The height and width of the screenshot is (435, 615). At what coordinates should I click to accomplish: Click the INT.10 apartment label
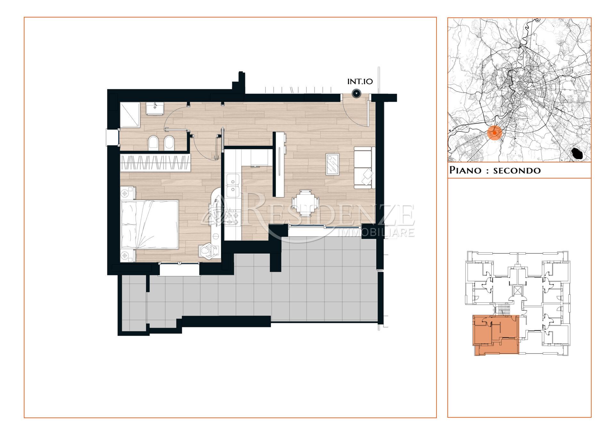coord(360,82)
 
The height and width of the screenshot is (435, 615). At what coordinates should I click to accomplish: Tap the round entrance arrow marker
coord(357,93)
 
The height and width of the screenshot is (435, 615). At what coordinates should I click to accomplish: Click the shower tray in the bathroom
coord(130,115)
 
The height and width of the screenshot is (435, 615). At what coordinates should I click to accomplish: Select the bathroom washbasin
coord(155,108)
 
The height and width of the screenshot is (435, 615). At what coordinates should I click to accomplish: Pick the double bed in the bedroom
coord(150,224)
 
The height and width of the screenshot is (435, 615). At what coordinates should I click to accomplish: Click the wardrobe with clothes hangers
coord(156,163)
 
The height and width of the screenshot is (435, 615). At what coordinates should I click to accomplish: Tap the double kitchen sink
coord(232,185)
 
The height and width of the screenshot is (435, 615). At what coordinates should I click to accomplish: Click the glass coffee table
coord(332,164)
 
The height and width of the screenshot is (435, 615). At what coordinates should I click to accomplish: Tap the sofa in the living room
coord(364,168)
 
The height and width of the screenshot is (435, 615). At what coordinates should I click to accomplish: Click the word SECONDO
coord(517,170)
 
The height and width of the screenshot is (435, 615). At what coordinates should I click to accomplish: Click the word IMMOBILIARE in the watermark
coord(377,232)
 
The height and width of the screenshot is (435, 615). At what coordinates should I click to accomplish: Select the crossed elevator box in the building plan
coord(517,291)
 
